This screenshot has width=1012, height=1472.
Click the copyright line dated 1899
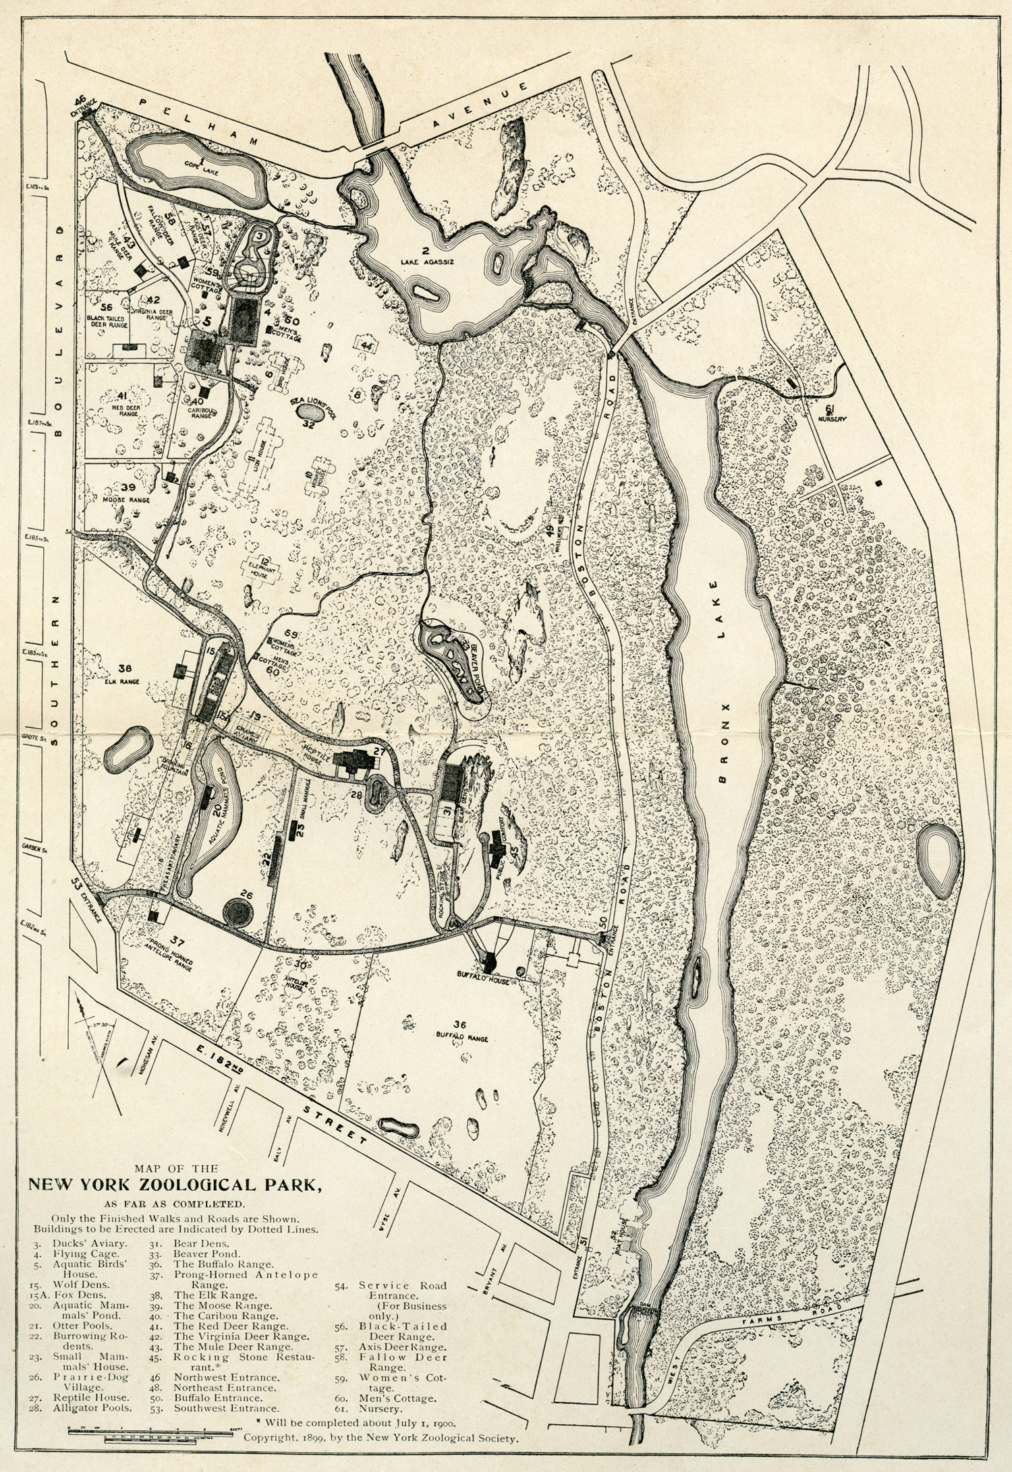[x=381, y=1454]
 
